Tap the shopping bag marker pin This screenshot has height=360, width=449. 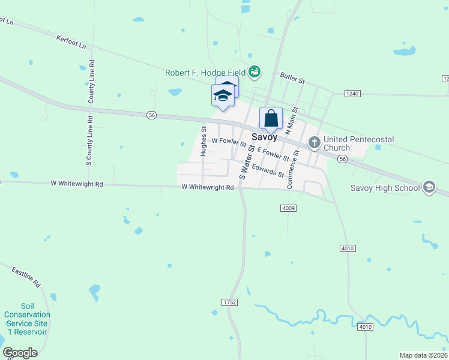coord(271,118)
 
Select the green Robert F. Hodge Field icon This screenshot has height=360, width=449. coord(255,72)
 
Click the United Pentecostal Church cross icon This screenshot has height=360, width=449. coord(314,143)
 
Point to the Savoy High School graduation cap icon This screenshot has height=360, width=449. coord(429,188)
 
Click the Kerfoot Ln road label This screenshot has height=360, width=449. coord(71,42)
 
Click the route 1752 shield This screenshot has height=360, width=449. coord(228,302)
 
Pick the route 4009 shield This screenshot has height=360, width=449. coord(288,208)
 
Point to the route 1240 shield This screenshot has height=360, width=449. coord(352,93)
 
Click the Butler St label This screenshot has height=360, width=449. coord(293,79)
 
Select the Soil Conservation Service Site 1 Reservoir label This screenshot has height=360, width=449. coord(27,323)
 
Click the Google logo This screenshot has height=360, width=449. coord(20,353)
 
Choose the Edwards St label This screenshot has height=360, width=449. coord(268,170)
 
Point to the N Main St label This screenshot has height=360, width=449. coord(292,120)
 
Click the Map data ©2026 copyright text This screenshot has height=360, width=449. coord(424,355)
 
